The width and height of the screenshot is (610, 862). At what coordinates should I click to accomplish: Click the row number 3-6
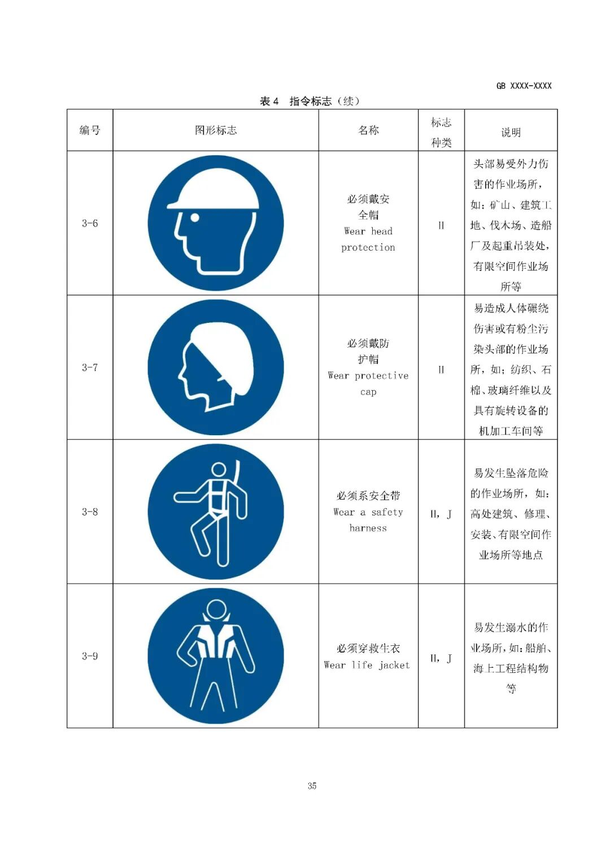click(x=90, y=223)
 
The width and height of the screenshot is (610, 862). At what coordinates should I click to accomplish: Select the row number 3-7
click(x=90, y=367)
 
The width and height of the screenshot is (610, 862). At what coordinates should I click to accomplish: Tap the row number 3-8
click(x=90, y=511)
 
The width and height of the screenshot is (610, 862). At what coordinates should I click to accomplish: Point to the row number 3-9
click(x=90, y=656)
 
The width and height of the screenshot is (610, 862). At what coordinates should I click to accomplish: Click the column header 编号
click(x=90, y=130)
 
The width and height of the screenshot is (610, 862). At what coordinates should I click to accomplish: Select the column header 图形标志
click(x=216, y=130)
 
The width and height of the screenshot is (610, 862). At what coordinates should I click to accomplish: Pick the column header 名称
click(x=368, y=130)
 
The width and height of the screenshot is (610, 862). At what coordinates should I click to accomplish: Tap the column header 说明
click(x=511, y=133)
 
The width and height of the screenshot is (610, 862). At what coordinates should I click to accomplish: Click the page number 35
click(x=312, y=786)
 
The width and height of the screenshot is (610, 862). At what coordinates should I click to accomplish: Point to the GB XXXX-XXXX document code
click(x=524, y=86)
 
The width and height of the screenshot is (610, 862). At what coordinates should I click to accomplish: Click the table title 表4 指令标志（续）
click(x=310, y=101)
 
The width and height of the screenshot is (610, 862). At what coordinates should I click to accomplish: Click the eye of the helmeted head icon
click(x=195, y=217)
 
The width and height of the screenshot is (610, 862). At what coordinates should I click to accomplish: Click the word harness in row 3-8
click(x=368, y=528)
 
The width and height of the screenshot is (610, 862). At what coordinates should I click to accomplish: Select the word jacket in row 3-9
click(x=394, y=665)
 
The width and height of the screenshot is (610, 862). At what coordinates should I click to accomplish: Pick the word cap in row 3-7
click(x=368, y=392)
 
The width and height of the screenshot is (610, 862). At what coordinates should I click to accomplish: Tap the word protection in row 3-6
click(x=368, y=247)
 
